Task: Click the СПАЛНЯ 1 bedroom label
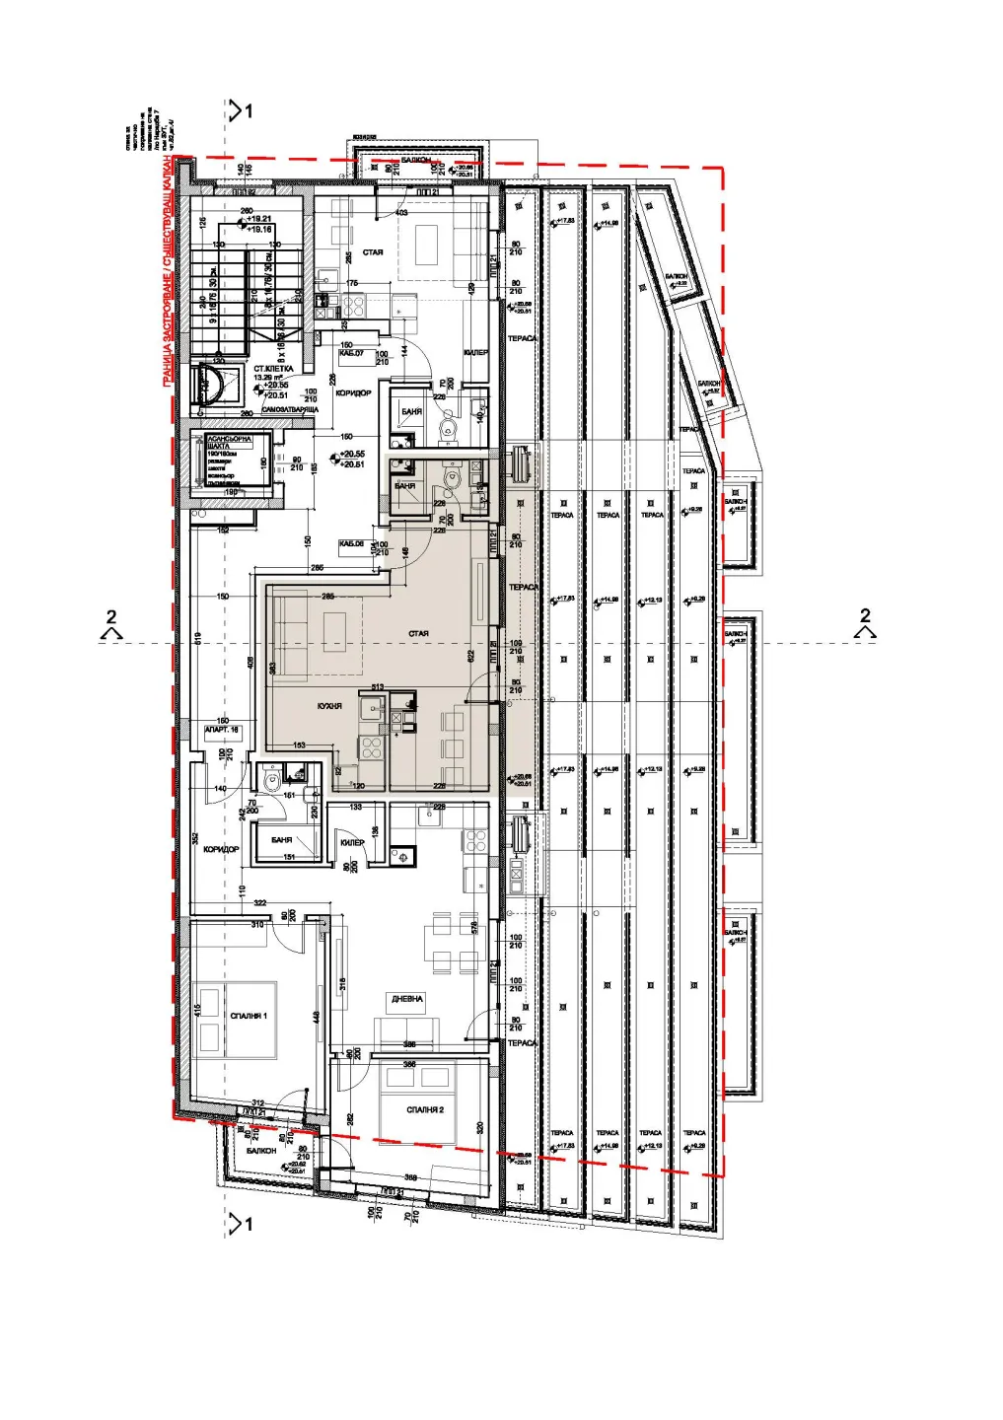pos(249,1016)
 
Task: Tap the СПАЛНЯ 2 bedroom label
pos(425,1110)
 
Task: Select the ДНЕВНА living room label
pos(406,999)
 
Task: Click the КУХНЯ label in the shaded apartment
pos(329,706)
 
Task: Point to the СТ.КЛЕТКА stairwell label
pos(271,369)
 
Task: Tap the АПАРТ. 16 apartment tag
pos(221,731)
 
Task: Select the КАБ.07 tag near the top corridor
pos(351,353)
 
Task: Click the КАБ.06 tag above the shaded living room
pos(351,543)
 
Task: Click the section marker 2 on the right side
pos(865,622)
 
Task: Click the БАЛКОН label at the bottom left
pos(261,1151)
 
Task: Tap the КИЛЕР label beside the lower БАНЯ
pos(352,843)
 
